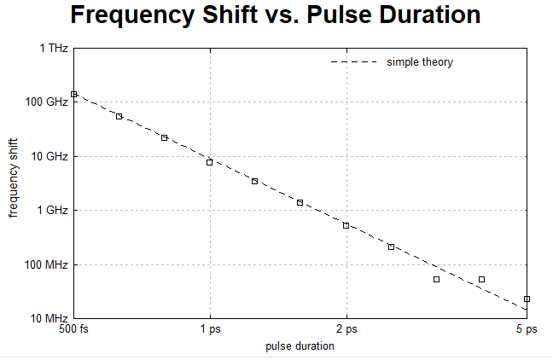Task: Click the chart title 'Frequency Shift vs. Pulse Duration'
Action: tap(276, 15)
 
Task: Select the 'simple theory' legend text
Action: tap(420, 62)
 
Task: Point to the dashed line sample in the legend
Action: tap(354, 62)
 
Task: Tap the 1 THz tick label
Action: tap(54, 48)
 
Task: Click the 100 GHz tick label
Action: tap(47, 102)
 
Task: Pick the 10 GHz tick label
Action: tap(49, 156)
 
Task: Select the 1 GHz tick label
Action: tap(52, 210)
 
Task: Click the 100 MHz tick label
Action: tap(46, 264)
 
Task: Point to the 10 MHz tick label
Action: tap(49, 318)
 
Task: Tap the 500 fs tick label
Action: tap(73, 329)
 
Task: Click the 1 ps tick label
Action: tap(211, 329)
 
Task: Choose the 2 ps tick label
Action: tap(346, 329)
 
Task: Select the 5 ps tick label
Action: tap(527, 329)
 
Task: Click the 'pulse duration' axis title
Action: tap(300, 346)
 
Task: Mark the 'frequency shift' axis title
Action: tap(13, 178)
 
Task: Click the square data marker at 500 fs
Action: tap(73, 94)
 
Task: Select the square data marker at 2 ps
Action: tap(346, 226)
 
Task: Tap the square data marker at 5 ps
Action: tap(527, 299)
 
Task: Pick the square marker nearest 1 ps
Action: tap(209, 163)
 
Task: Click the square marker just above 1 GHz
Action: tap(300, 203)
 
